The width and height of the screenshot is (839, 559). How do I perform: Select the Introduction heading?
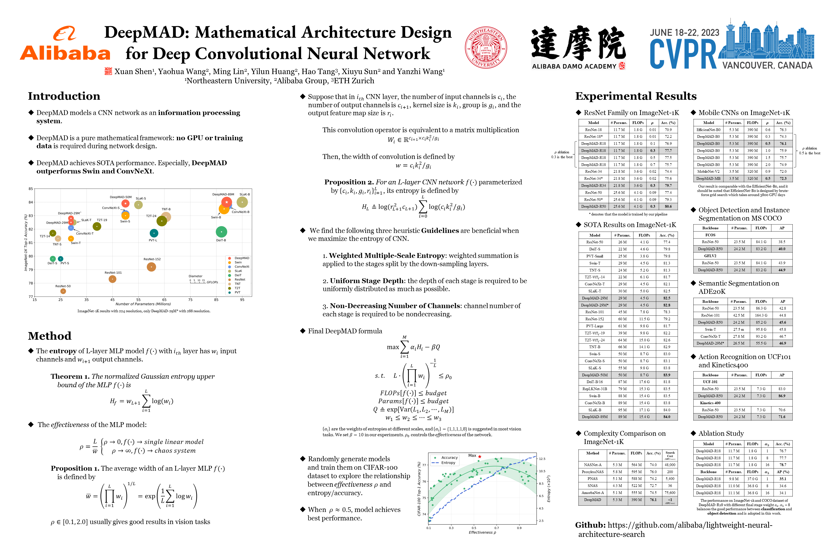(64, 96)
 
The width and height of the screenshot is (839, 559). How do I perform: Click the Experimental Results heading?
(636, 96)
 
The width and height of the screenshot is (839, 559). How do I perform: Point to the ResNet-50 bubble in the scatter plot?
(63, 291)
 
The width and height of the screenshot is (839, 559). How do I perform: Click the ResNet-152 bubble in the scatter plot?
(151, 267)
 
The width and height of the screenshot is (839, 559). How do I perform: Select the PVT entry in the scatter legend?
(237, 292)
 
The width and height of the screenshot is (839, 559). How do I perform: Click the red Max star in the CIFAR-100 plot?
(480, 456)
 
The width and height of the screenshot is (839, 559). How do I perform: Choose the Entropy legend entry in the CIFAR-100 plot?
(448, 463)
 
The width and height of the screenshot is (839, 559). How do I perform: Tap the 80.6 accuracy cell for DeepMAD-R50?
(668, 206)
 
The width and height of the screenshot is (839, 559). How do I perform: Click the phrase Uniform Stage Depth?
(367, 281)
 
